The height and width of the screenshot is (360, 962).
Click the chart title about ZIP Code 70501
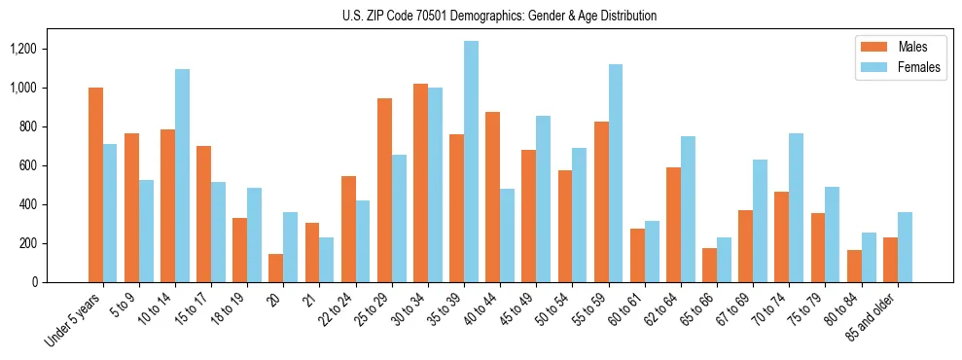tap(499, 16)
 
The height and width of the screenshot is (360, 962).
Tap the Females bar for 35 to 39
tap(471, 162)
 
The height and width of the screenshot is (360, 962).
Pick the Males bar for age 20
tap(276, 268)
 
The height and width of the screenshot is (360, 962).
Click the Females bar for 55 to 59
tap(616, 173)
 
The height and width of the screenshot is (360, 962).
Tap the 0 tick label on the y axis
tap(43, 282)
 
